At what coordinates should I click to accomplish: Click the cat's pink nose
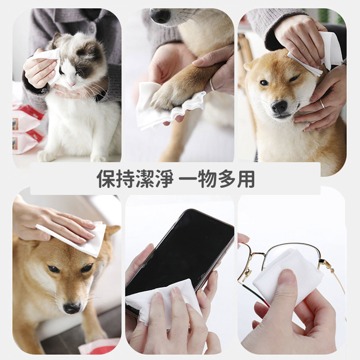(72, 84)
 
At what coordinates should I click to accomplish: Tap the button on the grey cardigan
(92, 29)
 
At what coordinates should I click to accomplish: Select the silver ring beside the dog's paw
(212, 85)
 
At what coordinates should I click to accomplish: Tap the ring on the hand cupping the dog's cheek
(322, 103)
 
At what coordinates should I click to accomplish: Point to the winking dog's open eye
(264, 83)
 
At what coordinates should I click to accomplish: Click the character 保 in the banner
(106, 179)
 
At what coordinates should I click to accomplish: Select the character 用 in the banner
(246, 179)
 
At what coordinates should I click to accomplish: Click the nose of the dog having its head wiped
(72, 308)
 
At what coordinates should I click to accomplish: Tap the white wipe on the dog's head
(76, 239)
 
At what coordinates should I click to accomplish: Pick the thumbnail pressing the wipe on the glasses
(287, 275)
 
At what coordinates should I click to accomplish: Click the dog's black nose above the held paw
(160, 16)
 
